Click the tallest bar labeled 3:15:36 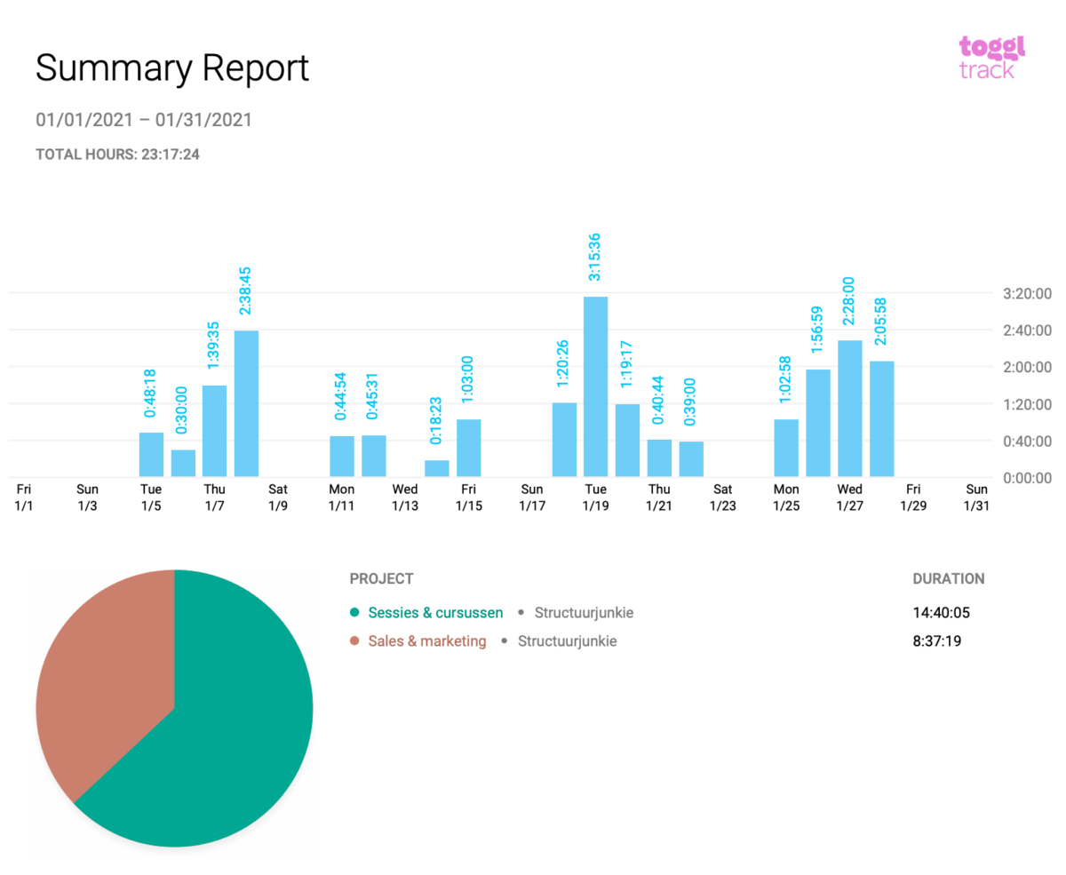595,386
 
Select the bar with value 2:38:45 246,403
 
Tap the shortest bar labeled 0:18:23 436,468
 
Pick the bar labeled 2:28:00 849,409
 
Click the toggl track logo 991,57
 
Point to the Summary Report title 172,68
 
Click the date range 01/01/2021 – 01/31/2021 144,119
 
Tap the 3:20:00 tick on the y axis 1027,293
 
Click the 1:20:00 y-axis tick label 1027,404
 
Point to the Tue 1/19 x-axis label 595,497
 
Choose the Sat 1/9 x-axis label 278,497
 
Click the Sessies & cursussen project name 435,612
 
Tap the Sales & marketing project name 427,640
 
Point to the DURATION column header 948,578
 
